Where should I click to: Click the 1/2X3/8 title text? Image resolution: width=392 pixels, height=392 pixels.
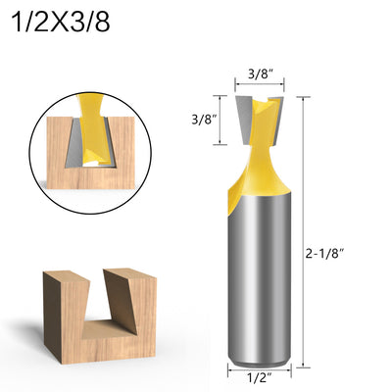[x=61, y=23]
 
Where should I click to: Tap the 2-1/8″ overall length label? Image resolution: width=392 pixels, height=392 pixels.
[x=325, y=254]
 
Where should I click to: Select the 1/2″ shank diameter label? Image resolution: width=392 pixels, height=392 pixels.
[x=260, y=378]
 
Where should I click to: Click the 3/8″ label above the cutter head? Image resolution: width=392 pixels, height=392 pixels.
[x=261, y=73]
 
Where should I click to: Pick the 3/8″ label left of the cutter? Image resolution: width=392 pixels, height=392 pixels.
[x=205, y=120]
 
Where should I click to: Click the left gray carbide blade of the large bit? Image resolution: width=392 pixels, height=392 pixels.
[x=243, y=120]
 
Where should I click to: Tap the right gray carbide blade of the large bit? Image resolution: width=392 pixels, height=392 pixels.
[x=276, y=120]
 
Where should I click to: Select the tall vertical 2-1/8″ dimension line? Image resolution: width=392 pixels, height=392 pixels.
[x=304, y=231]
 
